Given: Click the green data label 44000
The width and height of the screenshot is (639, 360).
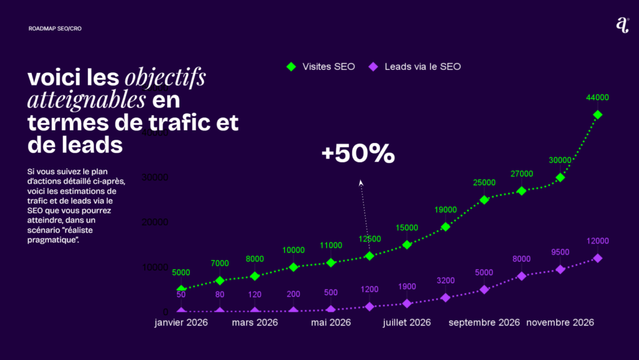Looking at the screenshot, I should [x=597, y=97].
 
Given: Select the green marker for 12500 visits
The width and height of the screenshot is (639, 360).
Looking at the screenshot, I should [x=369, y=256].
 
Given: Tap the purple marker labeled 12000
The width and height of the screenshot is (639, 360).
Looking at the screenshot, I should [x=597, y=258].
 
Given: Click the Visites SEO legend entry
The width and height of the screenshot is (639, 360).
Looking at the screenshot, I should [x=321, y=67].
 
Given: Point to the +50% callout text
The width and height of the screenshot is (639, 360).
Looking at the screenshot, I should [x=358, y=154].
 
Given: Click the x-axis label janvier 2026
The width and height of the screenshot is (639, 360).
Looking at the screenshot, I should [x=181, y=323].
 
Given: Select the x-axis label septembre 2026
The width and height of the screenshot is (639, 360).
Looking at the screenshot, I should [x=484, y=323].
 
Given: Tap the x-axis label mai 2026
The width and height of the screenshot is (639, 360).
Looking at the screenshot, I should [x=331, y=323].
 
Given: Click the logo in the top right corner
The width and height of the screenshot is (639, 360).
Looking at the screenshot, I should [x=622, y=25].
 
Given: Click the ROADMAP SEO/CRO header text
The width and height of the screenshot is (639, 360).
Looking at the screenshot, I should [x=55, y=29].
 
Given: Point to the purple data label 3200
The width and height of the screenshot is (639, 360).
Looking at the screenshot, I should [x=446, y=280].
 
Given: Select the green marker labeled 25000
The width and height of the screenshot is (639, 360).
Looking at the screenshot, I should [x=484, y=200].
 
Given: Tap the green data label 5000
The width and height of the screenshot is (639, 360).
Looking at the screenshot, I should [x=181, y=273].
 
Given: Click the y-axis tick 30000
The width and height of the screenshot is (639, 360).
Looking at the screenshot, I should [x=155, y=177].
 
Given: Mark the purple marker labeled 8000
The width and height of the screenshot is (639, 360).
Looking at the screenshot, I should [x=522, y=276].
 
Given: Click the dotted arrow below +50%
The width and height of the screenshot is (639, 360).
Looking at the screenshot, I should [x=364, y=212].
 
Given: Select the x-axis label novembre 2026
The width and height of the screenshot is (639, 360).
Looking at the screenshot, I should [x=560, y=323].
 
